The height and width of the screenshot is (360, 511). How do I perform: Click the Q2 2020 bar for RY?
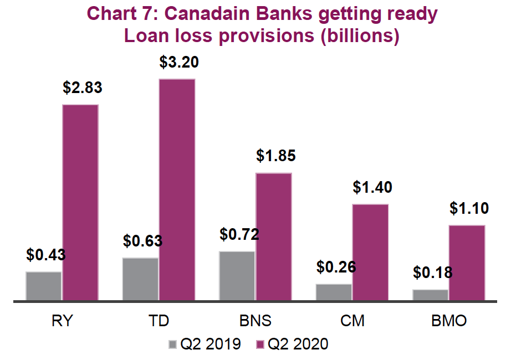pyautogui.click(x=80, y=203)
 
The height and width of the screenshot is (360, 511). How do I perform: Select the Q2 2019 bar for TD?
pyautogui.click(x=140, y=279)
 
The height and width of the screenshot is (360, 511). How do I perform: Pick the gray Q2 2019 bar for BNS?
pyautogui.click(x=237, y=276)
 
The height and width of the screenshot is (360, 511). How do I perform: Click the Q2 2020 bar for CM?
pyautogui.click(x=370, y=253)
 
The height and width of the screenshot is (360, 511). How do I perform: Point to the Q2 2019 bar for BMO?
pyautogui.click(x=431, y=295)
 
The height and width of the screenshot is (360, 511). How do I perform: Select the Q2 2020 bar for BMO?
pyautogui.click(x=467, y=263)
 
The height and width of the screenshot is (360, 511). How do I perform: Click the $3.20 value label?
pyautogui.click(x=178, y=62)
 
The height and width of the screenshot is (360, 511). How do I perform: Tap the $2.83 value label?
pyautogui.click(x=83, y=88)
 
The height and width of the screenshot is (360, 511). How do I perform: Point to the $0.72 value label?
pyautogui.click(x=239, y=234)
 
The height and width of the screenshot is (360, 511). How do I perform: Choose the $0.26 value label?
pyautogui.click(x=336, y=267)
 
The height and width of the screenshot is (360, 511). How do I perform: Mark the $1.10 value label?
pyautogui.click(x=468, y=208)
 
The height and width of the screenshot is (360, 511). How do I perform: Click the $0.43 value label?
pyautogui.click(x=46, y=255)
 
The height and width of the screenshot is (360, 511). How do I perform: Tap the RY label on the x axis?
pyautogui.click(x=62, y=321)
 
